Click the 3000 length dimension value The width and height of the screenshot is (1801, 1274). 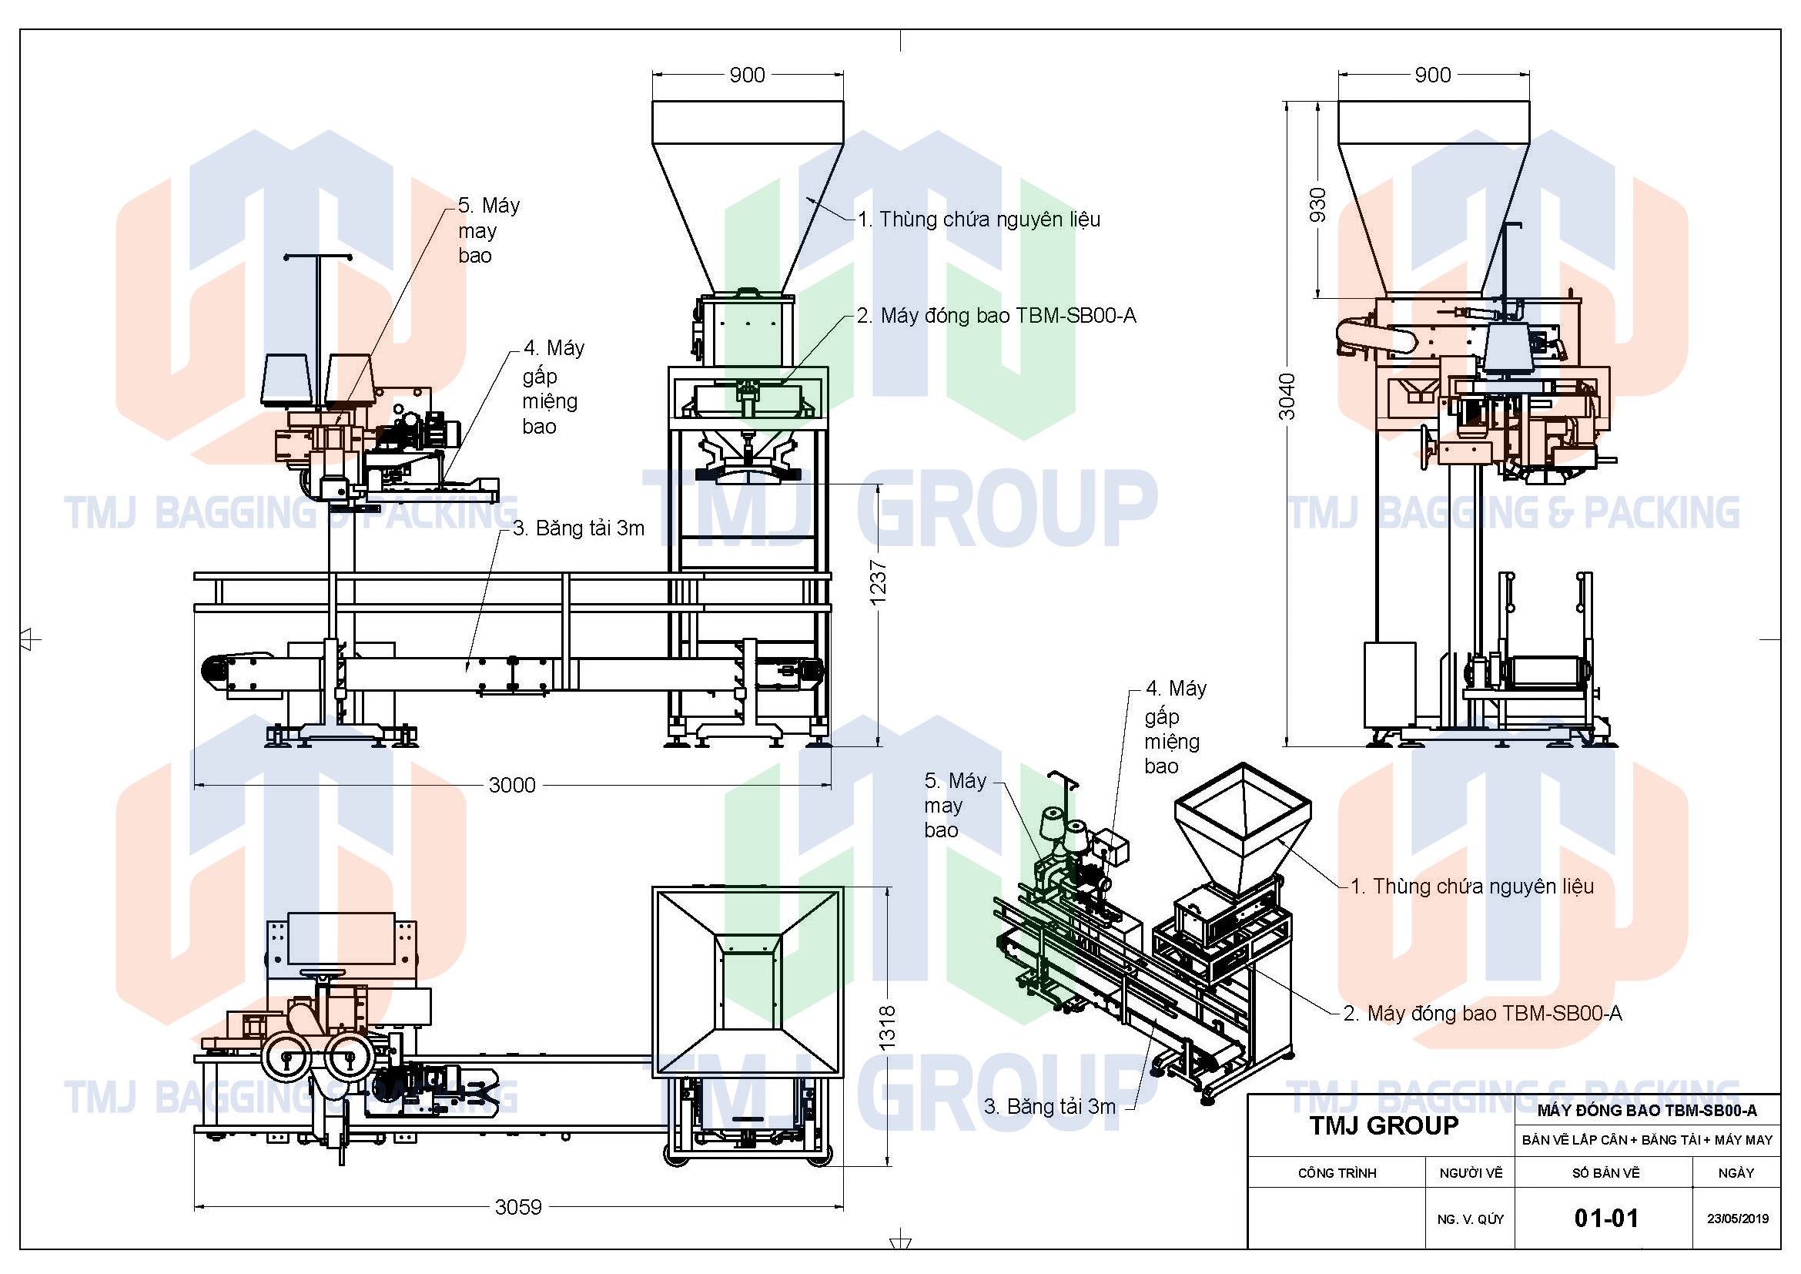pos(512,785)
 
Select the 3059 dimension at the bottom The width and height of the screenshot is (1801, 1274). pos(518,1206)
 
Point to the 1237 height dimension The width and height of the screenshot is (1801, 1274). pos(879,582)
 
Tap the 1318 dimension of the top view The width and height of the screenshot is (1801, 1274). pos(887,1028)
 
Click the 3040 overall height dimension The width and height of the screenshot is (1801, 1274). pos(1287,396)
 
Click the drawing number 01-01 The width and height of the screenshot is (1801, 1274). pos(1605,1219)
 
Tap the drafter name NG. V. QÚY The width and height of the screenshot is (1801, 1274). pos(1471,1219)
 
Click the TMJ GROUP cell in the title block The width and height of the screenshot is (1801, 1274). pos(1384,1126)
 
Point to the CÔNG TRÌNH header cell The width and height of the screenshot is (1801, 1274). pos(1337,1173)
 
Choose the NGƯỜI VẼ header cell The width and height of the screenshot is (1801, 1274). pos(1471,1173)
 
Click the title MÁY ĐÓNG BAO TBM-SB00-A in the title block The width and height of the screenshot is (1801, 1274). pos(1647,1110)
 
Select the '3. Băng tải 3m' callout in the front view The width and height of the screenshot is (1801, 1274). pos(579,528)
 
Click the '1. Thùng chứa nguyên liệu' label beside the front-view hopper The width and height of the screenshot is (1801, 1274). pos(979,220)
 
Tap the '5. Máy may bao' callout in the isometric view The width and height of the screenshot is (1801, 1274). pos(956,806)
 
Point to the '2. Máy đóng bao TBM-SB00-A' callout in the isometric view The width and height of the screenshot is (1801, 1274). pos(1482,1014)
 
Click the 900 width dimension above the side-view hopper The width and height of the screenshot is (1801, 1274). pos(1432,75)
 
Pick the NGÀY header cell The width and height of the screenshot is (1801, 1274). pos(1736,1173)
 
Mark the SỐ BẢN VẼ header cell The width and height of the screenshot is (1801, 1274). pos(1605,1173)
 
